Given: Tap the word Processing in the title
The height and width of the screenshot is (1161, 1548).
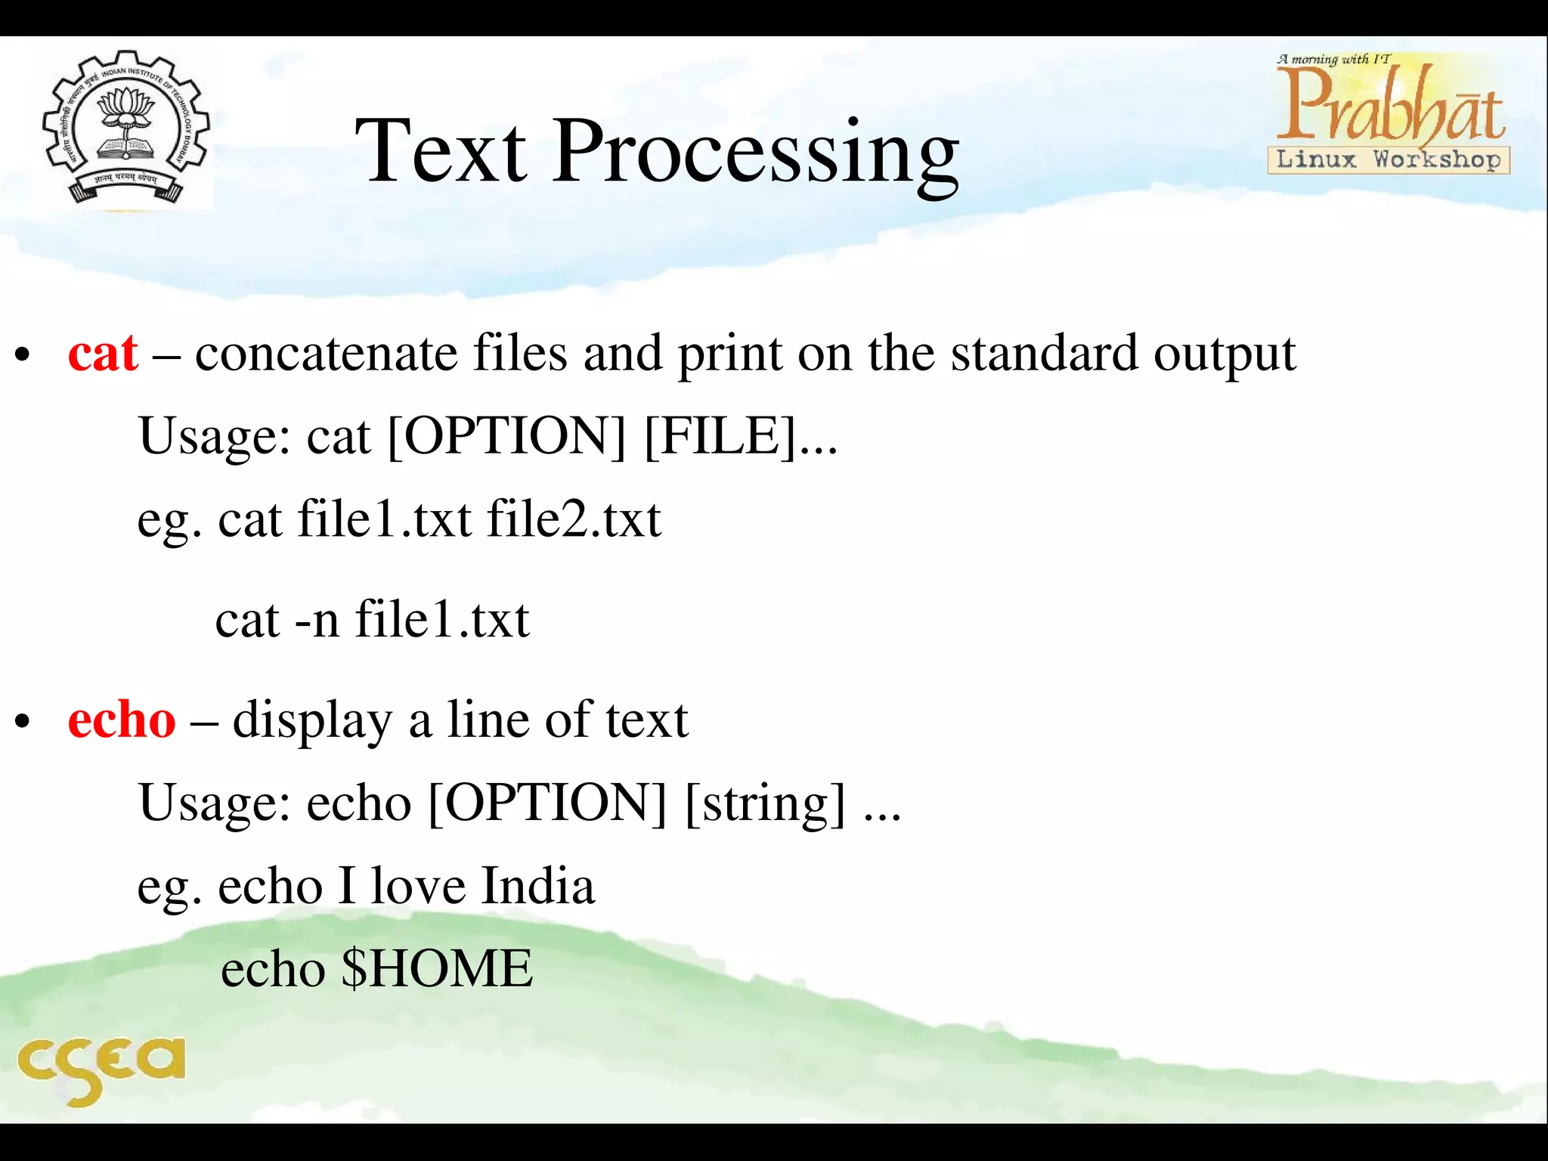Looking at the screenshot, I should click(x=756, y=155).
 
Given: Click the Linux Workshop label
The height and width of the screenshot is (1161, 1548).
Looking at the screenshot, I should click(x=1389, y=159).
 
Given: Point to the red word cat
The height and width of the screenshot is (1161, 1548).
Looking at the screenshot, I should click(x=103, y=353).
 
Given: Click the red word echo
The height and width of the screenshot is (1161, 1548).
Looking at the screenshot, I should click(x=121, y=720).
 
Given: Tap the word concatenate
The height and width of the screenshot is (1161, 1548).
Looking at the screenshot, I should click(x=327, y=353).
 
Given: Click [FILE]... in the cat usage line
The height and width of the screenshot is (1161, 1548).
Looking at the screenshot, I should click(x=741, y=436).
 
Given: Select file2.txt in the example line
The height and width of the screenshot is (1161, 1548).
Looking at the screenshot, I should click(x=574, y=519).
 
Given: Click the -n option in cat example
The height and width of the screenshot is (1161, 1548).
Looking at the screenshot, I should click(x=317, y=620).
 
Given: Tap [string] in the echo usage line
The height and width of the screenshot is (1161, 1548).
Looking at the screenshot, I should click(x=765, y=803).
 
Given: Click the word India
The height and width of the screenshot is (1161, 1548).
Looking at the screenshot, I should click(x=538, y=886).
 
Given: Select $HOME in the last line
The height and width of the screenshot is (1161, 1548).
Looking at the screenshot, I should click(x=437, y=969).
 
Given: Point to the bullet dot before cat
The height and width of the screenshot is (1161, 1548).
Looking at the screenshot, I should click(x=23, y=354).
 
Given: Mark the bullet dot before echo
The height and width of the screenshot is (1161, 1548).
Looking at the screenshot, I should click(x=23, y=722).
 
